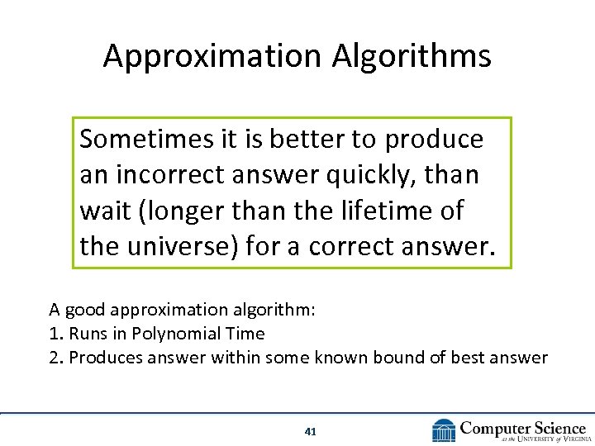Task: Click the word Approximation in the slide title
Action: pyautogui.click(x=212, y=56)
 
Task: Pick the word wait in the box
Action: pyautogui.click(x=102, y=211)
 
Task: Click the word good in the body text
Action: pyautogui.click(x=79, y=311)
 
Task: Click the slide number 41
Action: pyautogui.click(x=311, y=430)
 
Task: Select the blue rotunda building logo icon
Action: pyautogui.click(x=443, y=430)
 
